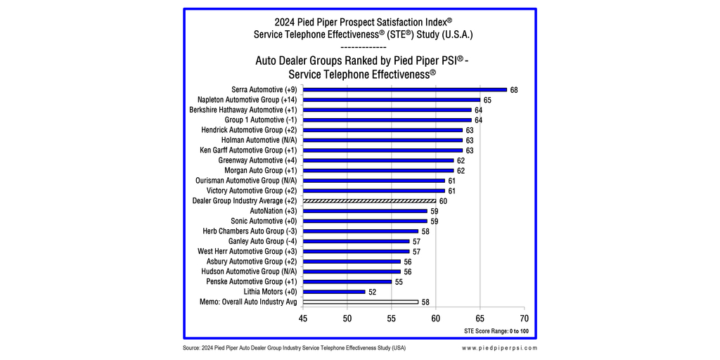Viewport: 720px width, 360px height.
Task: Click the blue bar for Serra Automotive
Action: point(404,90)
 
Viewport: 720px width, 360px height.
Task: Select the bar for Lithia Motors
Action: point(334,292)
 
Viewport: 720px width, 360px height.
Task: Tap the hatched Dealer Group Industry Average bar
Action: point(369,201)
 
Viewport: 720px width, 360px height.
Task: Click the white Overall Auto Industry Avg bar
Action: point(361,302)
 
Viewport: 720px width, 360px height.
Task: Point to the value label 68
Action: point(514,90)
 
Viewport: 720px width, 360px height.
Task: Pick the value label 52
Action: point(373,292)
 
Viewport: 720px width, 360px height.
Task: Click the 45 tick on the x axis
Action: point(303,319)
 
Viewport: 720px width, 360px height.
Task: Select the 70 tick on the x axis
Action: point(524,319)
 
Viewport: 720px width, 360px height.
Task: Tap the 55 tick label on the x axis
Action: point(391,319)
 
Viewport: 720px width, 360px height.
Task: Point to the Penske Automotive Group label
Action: point(252,282)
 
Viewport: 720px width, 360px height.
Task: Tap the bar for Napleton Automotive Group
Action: point(391,100)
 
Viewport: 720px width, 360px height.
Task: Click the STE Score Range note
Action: point(496,330)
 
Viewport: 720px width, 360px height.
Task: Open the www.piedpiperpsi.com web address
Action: point(499,348)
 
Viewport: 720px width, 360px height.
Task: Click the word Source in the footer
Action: point(191,348)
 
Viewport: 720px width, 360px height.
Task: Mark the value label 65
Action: point(487,101)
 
